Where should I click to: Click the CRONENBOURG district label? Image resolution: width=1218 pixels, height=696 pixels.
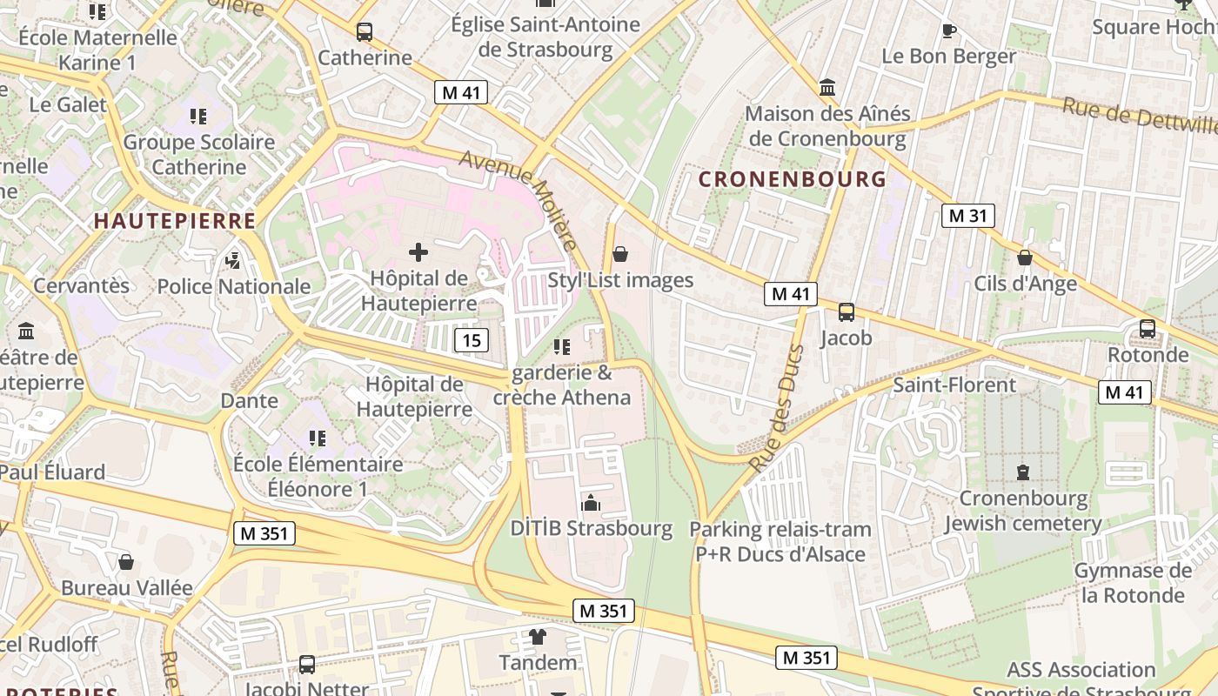[792, 179]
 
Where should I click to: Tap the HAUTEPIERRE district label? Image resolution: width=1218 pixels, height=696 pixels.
[175, 221]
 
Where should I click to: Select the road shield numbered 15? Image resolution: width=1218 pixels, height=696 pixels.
[471, 340]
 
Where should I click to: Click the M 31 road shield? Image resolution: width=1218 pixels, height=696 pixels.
[967, 216]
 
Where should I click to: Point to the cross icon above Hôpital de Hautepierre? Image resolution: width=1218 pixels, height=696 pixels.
[418, 253]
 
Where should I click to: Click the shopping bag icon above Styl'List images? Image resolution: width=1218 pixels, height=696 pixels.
[620, 254]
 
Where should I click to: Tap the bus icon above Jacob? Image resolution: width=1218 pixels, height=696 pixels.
[846, 311]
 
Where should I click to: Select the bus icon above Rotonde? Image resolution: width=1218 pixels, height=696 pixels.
[1148, 329]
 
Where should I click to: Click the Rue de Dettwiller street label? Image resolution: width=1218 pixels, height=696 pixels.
[1140, 117]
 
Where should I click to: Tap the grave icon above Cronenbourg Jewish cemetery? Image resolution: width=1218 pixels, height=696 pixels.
[1023, 472]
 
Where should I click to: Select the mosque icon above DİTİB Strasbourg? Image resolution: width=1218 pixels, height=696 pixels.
[591, 503]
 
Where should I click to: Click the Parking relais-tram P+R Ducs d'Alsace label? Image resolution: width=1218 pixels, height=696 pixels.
[780, 541]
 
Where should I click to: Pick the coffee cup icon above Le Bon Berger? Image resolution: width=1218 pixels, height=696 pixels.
[949, 31]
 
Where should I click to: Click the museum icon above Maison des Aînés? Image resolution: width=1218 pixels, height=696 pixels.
[827, 88]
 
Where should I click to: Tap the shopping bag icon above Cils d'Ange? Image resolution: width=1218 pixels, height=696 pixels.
[1025, 258]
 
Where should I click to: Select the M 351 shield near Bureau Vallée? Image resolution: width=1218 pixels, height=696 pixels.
[264, 533]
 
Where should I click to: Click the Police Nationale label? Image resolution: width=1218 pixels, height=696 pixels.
[233, 286]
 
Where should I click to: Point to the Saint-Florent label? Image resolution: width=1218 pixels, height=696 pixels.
[954, 385]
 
